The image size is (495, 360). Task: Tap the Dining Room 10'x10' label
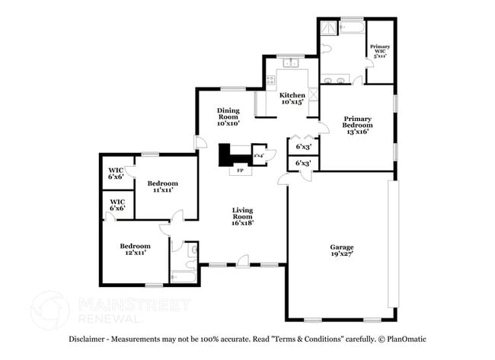click(228, 116)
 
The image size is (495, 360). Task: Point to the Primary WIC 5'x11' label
click(380, 51)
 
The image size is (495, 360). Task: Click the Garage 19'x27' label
click(341, 250)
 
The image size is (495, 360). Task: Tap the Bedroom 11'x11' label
click(162, 186)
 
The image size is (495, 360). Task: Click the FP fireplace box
click(240, 170)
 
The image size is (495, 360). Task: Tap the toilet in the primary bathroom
click(326, 47)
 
